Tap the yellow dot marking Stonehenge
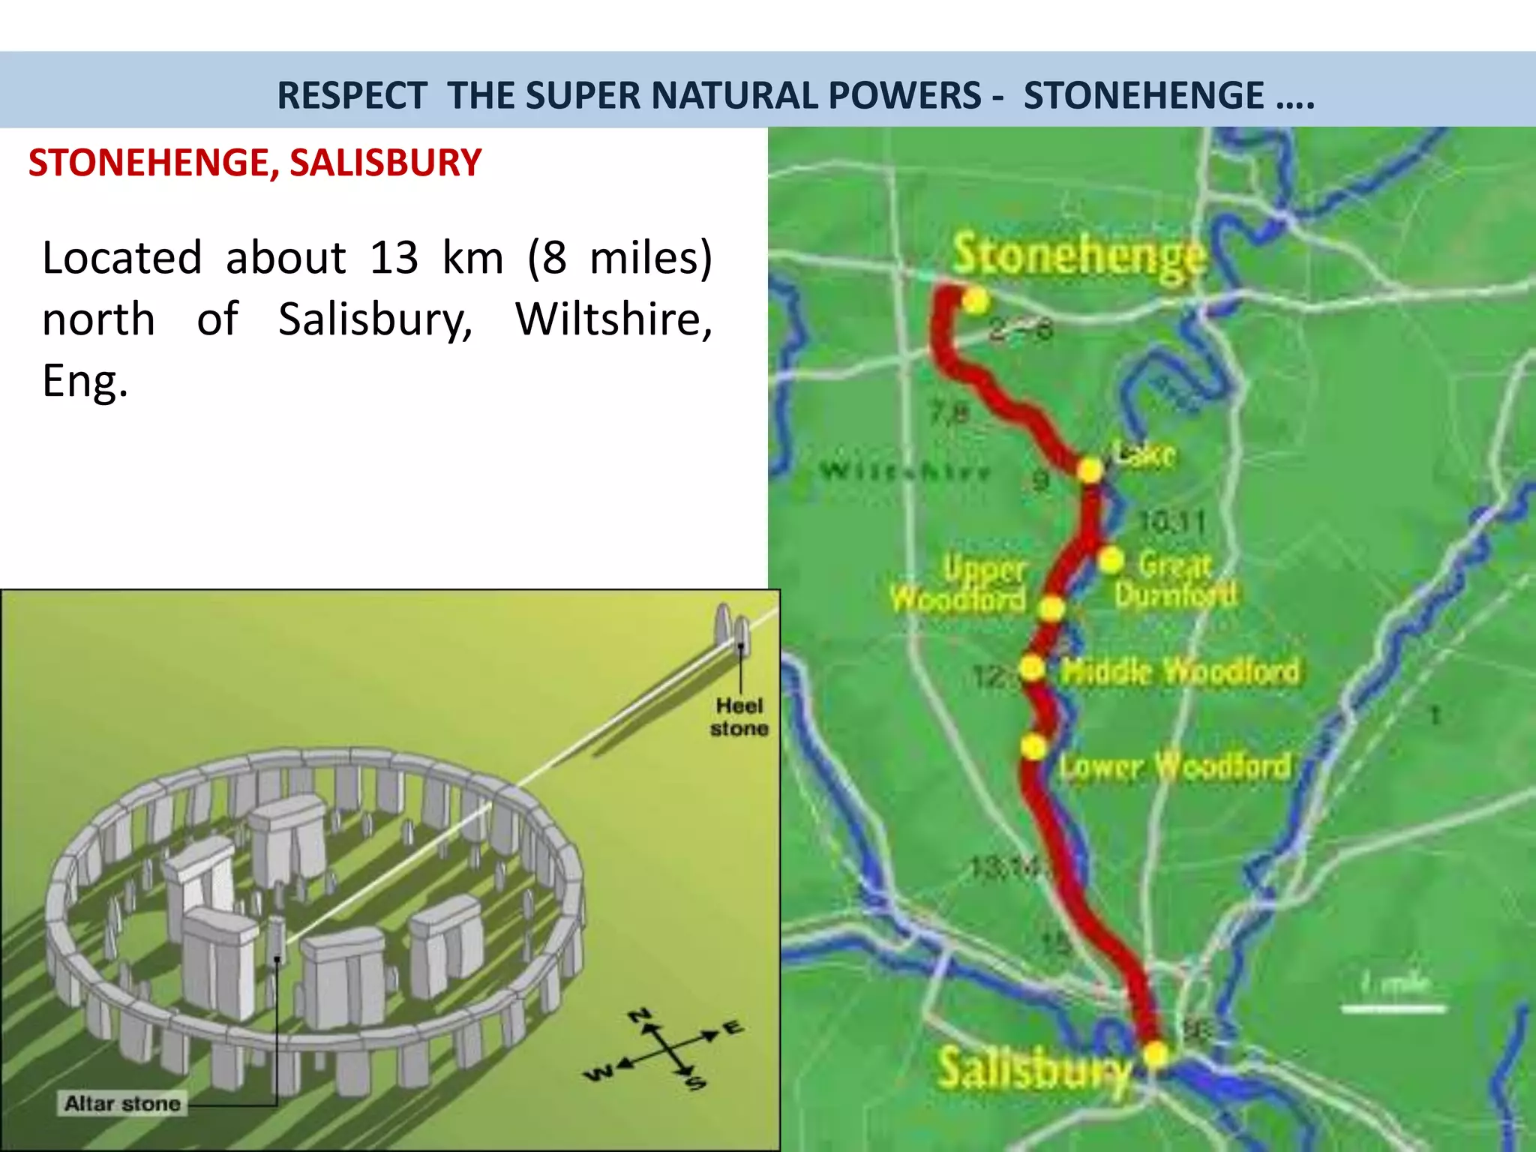975,301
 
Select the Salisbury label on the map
1033,1068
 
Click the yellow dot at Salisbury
1156,1054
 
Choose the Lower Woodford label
1175,766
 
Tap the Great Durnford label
1175,580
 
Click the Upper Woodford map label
960,585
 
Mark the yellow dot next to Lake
1090,470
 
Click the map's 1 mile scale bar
1393,1009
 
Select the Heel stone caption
739,717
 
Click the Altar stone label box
122,1103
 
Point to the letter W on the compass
598,1074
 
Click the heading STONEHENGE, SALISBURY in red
255,163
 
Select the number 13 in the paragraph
394,258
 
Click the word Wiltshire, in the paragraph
613,319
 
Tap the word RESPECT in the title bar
352,95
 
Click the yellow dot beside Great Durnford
1111,559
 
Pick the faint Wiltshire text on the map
906,471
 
